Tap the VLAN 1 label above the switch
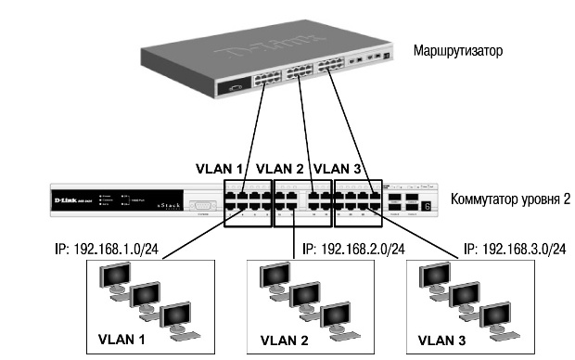pos(219,170)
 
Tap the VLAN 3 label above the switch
pos(339,170)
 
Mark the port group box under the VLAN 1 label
pos(248,202)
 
